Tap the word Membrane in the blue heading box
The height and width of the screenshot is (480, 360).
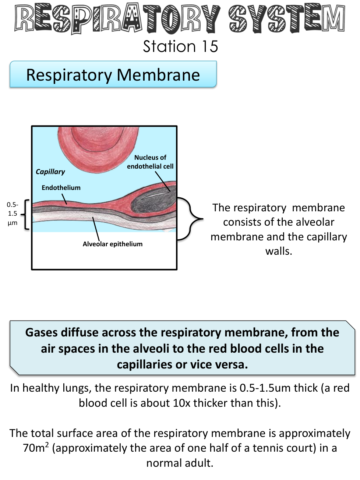[158, 75]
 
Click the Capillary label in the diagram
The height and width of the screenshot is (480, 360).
[50, 172]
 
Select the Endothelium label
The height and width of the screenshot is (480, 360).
[61, 188]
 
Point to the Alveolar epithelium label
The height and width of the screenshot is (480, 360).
[112, 244]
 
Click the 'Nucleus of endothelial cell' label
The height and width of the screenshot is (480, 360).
[150, 162]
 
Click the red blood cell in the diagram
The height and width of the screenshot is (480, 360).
[98, 146]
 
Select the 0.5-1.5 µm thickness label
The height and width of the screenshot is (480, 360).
[13, 213]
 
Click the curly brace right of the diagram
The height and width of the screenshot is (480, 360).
[191, 219]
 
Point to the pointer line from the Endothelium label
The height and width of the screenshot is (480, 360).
[64, 199]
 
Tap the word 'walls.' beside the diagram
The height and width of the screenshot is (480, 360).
[279, 251]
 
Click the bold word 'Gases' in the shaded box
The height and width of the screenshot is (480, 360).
[41, 332]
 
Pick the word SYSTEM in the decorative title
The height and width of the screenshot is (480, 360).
[286, 18]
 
